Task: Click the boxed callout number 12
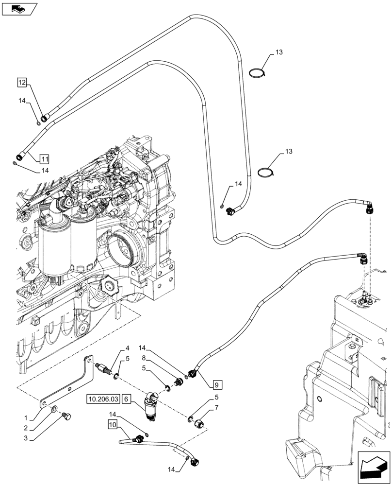(22, 83)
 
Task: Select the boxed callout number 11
(44, 158)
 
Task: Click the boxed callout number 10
(112, 424)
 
